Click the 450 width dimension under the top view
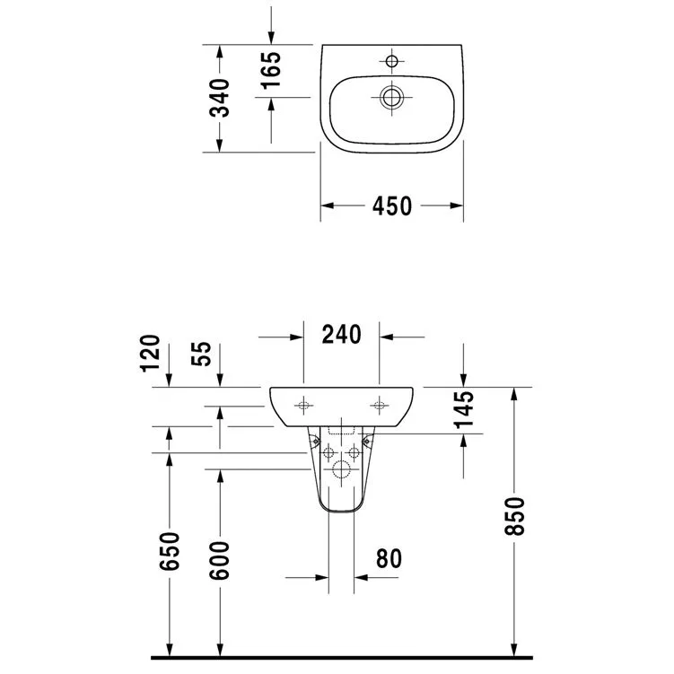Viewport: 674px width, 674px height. point(392,206)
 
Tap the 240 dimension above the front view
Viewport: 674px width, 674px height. point(341,335)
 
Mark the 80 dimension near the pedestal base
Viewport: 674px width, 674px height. point(388,559)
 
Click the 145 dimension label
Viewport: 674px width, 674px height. point(464,413)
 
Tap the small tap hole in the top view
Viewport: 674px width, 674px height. point(390,61)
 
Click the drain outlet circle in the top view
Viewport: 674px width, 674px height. point(390,96)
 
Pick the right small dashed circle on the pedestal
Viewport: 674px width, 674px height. point(354,451)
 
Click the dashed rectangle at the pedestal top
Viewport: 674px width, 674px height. point(341,428)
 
